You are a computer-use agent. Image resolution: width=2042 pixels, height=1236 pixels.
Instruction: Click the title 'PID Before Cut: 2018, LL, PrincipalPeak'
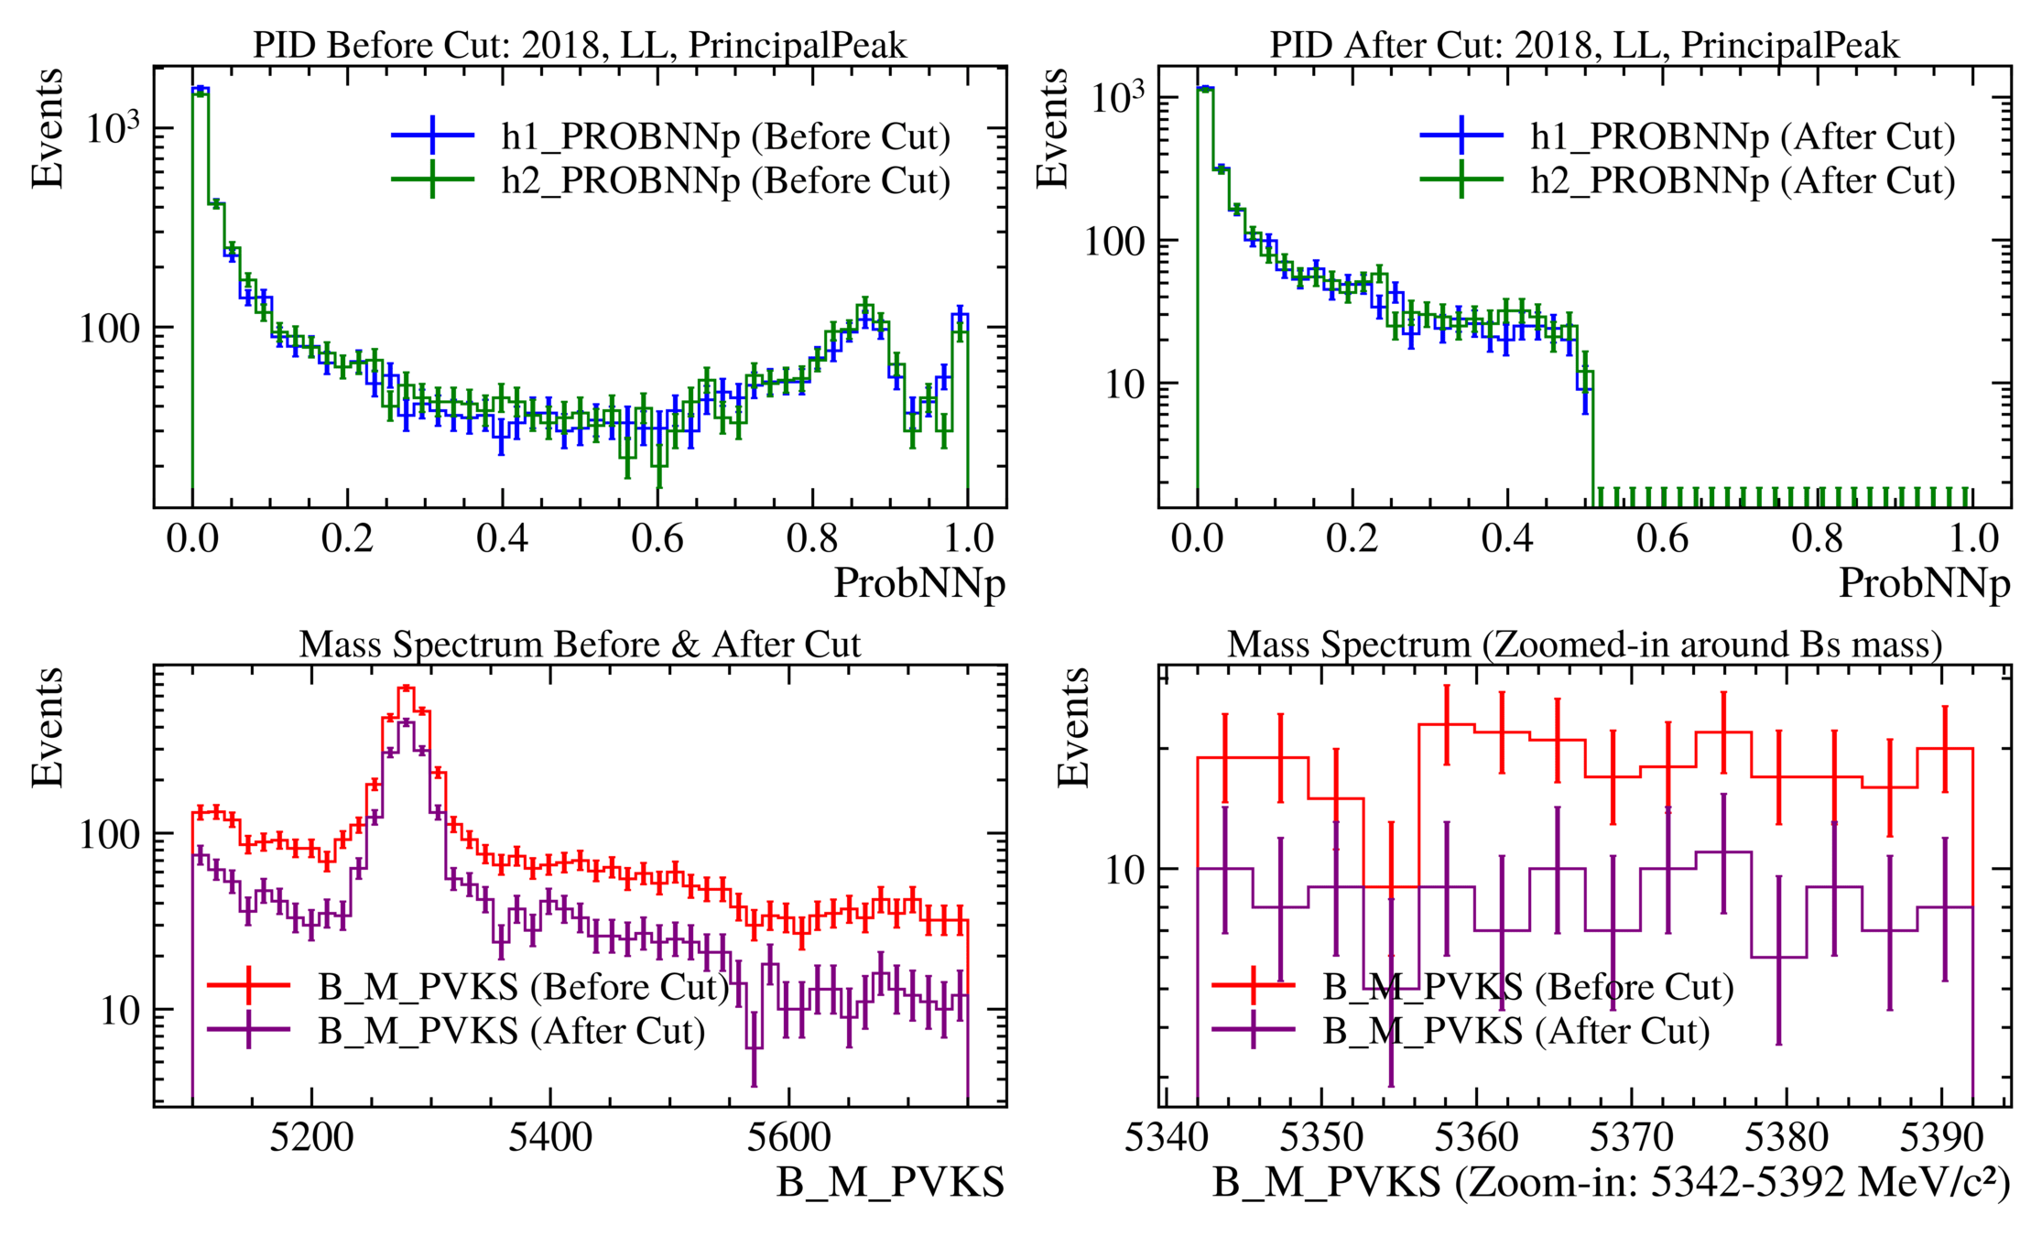[x=580, y=46]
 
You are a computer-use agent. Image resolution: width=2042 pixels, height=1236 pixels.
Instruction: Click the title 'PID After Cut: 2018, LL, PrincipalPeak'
[x=1584, y=46]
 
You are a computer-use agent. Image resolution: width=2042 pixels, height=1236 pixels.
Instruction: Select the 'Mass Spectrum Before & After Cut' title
[x=580, y=645]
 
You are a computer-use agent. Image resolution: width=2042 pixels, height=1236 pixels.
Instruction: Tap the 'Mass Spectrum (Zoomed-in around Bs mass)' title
[x=1584, y=645]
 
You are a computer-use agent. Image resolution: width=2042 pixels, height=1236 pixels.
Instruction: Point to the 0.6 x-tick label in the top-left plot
[x=657, y=538]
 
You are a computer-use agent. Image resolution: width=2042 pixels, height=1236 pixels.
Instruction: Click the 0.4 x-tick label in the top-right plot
[x=1506, y=538]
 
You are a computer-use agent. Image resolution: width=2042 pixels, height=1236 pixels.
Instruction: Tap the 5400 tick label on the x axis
[x=549, y=1138]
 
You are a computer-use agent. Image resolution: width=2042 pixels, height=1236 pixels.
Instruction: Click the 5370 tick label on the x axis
[x=1631, y=1138]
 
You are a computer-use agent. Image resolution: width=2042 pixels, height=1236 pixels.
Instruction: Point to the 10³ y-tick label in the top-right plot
[x=1117, y=96]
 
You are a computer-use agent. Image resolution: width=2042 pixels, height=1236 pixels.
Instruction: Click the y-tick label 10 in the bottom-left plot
[x=120, y=1011]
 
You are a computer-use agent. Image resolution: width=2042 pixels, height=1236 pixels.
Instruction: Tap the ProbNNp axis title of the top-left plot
[x=918, y=583]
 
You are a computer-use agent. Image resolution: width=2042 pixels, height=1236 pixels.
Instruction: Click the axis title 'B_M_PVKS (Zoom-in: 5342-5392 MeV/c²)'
[x=1612, y=1183]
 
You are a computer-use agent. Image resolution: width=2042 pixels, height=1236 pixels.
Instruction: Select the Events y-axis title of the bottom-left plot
[x=48, y=728]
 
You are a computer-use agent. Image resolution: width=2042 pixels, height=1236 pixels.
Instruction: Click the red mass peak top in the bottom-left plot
[x=407, y=688]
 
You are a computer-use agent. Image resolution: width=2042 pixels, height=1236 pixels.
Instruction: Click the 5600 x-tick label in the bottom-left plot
[x=788, y=1138]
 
